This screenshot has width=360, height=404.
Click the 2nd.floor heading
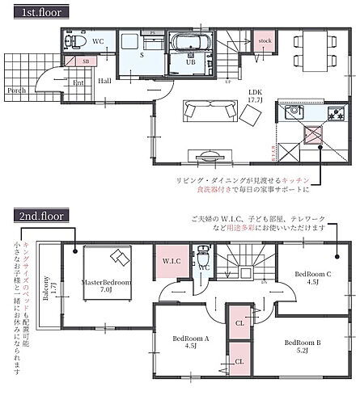pos(38,217)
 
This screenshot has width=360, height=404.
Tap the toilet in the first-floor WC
pos(72,43)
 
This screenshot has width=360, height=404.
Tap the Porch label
pos(16,90)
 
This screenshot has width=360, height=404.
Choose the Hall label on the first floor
pos(106,81)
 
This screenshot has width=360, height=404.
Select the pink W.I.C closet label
pos(171,261)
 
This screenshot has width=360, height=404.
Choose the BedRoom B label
pos(302,346)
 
